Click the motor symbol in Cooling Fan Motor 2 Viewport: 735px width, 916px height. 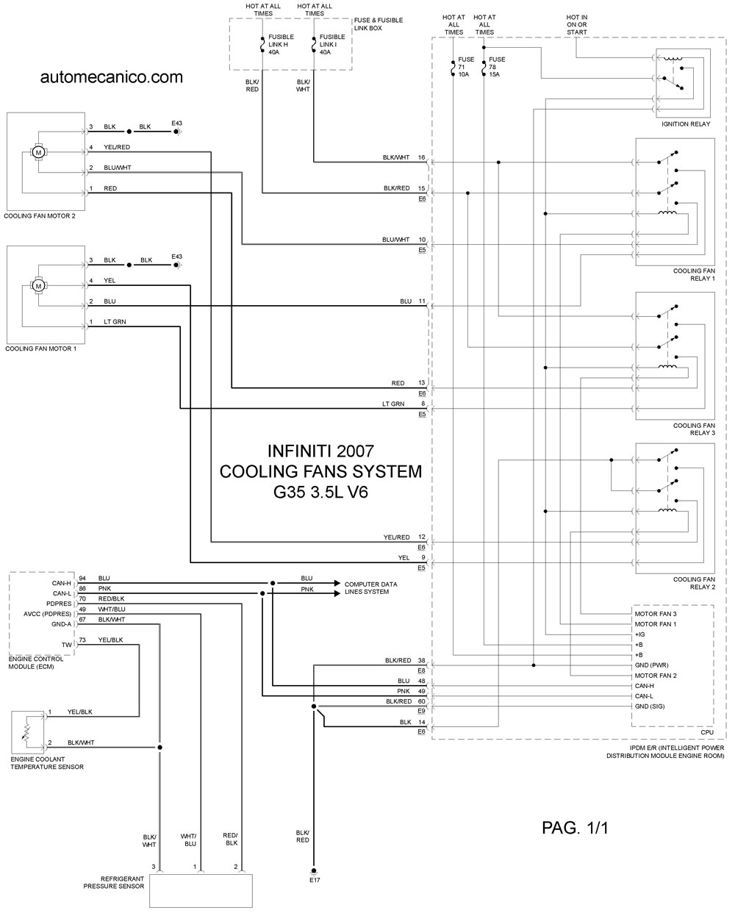tap(38, 152)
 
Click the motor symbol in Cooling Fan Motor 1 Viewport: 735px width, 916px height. tap(38, 286)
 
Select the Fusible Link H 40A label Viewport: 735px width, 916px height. tap(281, 44)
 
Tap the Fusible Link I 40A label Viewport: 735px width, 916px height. tap(332, 44)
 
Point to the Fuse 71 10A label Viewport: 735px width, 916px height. tap(466, 67)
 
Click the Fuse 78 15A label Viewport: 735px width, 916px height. tap(497, 67)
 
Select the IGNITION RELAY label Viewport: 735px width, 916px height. tap(686, 124)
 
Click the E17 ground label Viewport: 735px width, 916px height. tap(315, 880)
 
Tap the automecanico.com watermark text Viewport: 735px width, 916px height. tap(112, 77)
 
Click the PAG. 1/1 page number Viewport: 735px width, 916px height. tap(575, 828)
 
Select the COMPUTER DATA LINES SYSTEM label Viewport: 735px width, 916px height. tap(370, 588)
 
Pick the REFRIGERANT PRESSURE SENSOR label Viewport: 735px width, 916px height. tap(114, 882)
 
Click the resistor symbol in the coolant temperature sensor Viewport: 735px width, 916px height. tap(26, 732)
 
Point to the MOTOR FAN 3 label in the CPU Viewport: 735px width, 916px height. tap(656, 614)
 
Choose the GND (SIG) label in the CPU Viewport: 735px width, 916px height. tap(650, 706)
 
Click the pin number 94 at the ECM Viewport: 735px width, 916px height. tap(82, 578)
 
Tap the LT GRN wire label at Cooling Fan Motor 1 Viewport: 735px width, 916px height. tap(115, 322)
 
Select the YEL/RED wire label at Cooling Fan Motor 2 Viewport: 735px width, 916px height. tap(117, 147)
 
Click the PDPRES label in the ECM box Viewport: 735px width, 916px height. tap(59, 604)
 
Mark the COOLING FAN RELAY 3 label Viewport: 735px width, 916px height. tap(694, 429)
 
